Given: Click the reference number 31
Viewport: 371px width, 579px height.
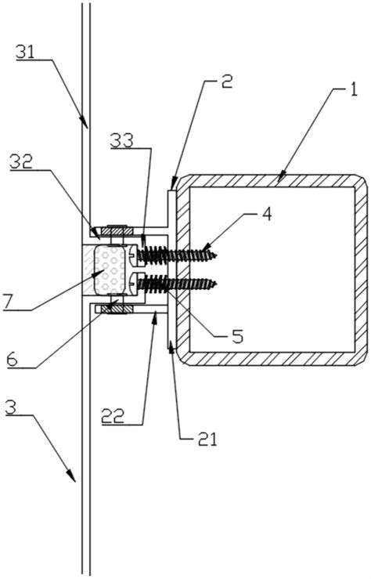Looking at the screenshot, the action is pyautogui.click(x=25, y=52).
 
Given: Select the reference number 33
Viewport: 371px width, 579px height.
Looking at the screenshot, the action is pyautogui.click(x=121, y=141).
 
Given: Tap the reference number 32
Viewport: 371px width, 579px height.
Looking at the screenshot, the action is pyautogui.click(x=21, y=161).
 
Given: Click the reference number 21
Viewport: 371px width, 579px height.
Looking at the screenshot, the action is pyautogui.click(x=207, y=439).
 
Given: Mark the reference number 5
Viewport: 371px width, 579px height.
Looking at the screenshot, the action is pyautogui.click(x=238, y=336).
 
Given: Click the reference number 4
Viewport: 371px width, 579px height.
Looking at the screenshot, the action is pyautogui.click(x=268, y=214).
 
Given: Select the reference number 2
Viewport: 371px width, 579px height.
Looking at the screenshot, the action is pyautogui.click(x=227, y=81).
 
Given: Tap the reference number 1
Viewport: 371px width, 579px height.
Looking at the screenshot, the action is pyautogui.click(x=353, y=89).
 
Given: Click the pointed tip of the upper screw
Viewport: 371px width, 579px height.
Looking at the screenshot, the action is pyautogui.click(x=216, y=255).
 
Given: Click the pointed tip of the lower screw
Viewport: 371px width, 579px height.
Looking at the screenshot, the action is pyautogui.click(x=216, y=284).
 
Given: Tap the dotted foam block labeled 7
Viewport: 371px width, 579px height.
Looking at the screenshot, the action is pyautogui.click(x=110, y=270).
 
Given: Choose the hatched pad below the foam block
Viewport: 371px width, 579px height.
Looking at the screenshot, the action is pyautogui.click(x=117, y=309).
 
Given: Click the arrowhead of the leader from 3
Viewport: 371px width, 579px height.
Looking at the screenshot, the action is pyautogui.click(x=72, y=477).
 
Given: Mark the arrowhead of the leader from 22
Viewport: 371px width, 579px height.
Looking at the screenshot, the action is pyautogui.click(x=155, y=317).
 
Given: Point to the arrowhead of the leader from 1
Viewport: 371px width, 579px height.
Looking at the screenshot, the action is pyautogui.click(x=282, y=176).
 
